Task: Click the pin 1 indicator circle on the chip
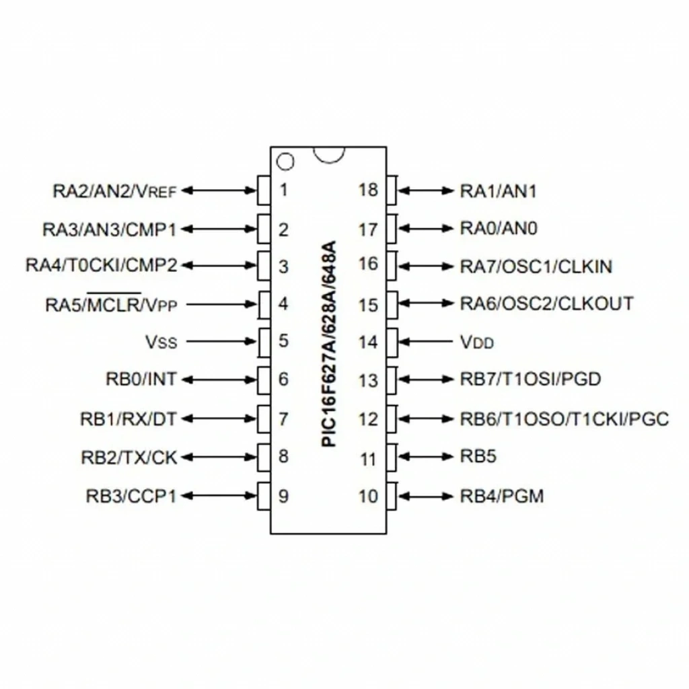[285, 161]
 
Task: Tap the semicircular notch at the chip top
[329, 159]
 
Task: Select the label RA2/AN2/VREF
[114, 191]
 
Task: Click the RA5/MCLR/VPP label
[111, 303]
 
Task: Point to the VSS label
[161, 342]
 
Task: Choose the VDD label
[477, 342]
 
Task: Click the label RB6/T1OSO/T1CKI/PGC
[565, 419]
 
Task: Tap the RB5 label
[478, 456]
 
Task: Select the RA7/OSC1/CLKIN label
[536, 266]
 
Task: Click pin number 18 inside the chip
[368, 190]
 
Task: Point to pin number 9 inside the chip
[284, 496]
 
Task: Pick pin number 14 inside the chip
[368, 342]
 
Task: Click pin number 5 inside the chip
[284, 340]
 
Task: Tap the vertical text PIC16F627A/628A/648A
[329, 344]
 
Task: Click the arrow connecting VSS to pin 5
[221, 341]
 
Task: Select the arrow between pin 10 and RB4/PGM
[425, 496]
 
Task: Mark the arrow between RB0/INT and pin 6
[219, 379]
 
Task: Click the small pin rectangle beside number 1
[264, 190]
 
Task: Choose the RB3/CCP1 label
[131, 496]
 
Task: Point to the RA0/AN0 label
[499, 228]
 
